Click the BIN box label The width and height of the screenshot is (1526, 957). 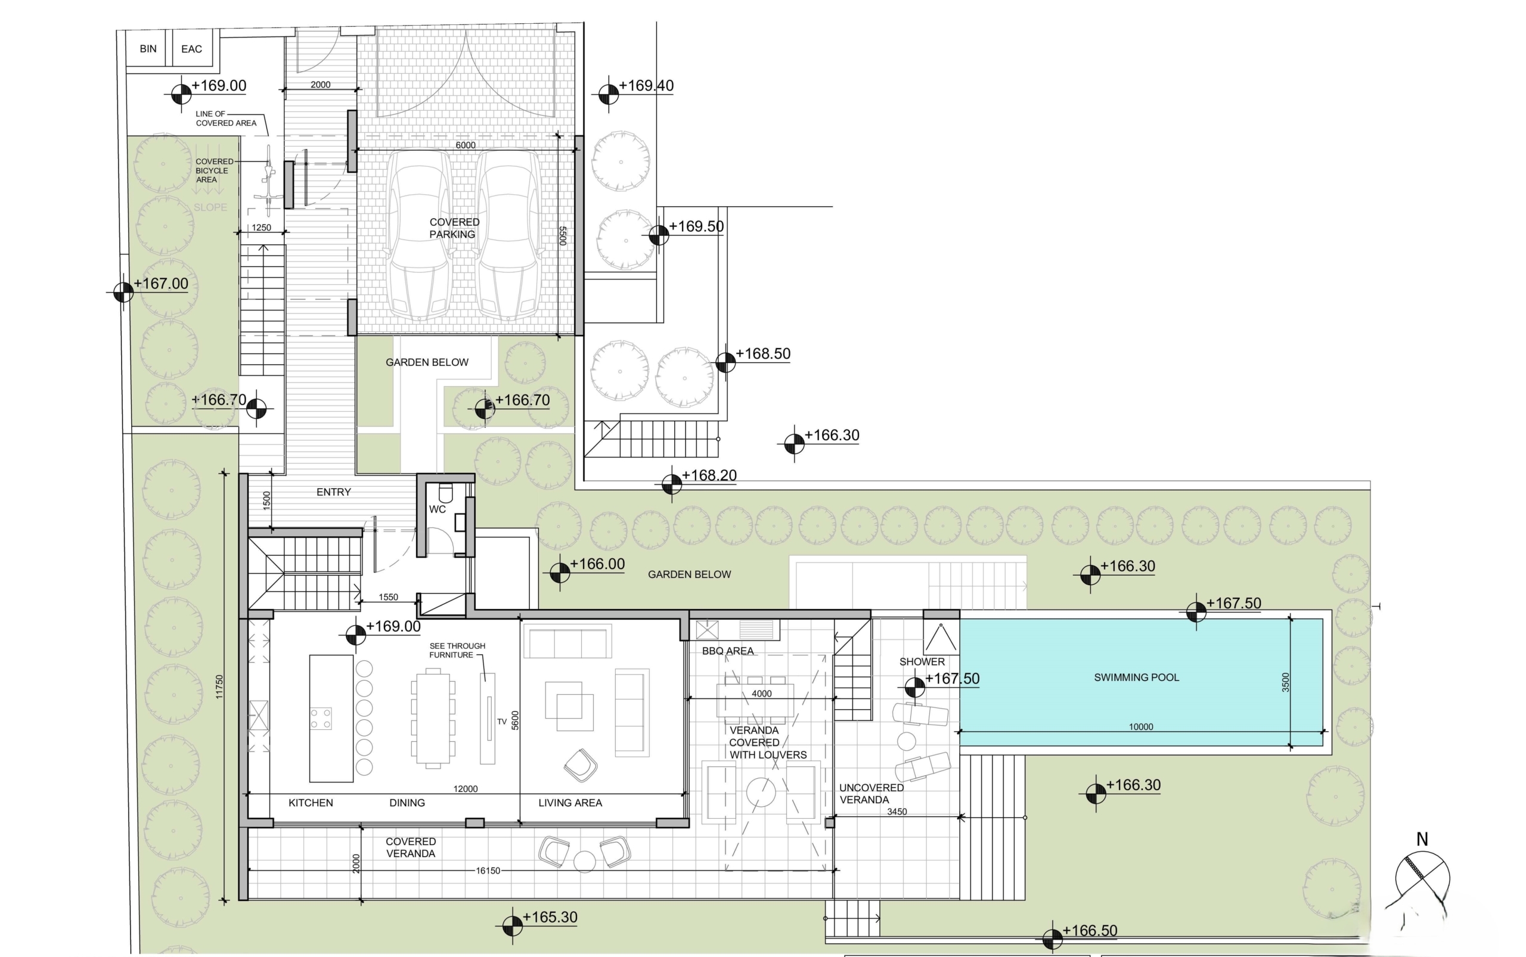point(148,49)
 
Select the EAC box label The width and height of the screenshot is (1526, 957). point(191,49)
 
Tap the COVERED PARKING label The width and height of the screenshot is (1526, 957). point(454,228)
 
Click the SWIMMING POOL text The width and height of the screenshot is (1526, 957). point(1137,678)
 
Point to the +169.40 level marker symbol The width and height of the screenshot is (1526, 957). point(609,94)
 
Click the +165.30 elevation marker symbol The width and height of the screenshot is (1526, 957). point(512,926)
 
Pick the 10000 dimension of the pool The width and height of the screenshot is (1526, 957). point(1141,726)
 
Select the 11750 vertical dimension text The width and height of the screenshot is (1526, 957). point(219,686)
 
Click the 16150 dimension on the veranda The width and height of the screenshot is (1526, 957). point(488,871)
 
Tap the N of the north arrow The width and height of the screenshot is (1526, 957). point(1422,839)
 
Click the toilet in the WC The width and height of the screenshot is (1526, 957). point(445,492)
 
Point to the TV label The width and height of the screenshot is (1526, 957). point(501,722)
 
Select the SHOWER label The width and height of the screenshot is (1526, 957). point(922,661)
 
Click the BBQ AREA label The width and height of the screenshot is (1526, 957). point(728,651)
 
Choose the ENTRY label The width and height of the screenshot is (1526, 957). point(334,492)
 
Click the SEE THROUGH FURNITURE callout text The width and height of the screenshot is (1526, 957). point(457,650)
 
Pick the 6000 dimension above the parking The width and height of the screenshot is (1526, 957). point(466,145)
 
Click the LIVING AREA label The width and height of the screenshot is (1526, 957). point(570,803)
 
